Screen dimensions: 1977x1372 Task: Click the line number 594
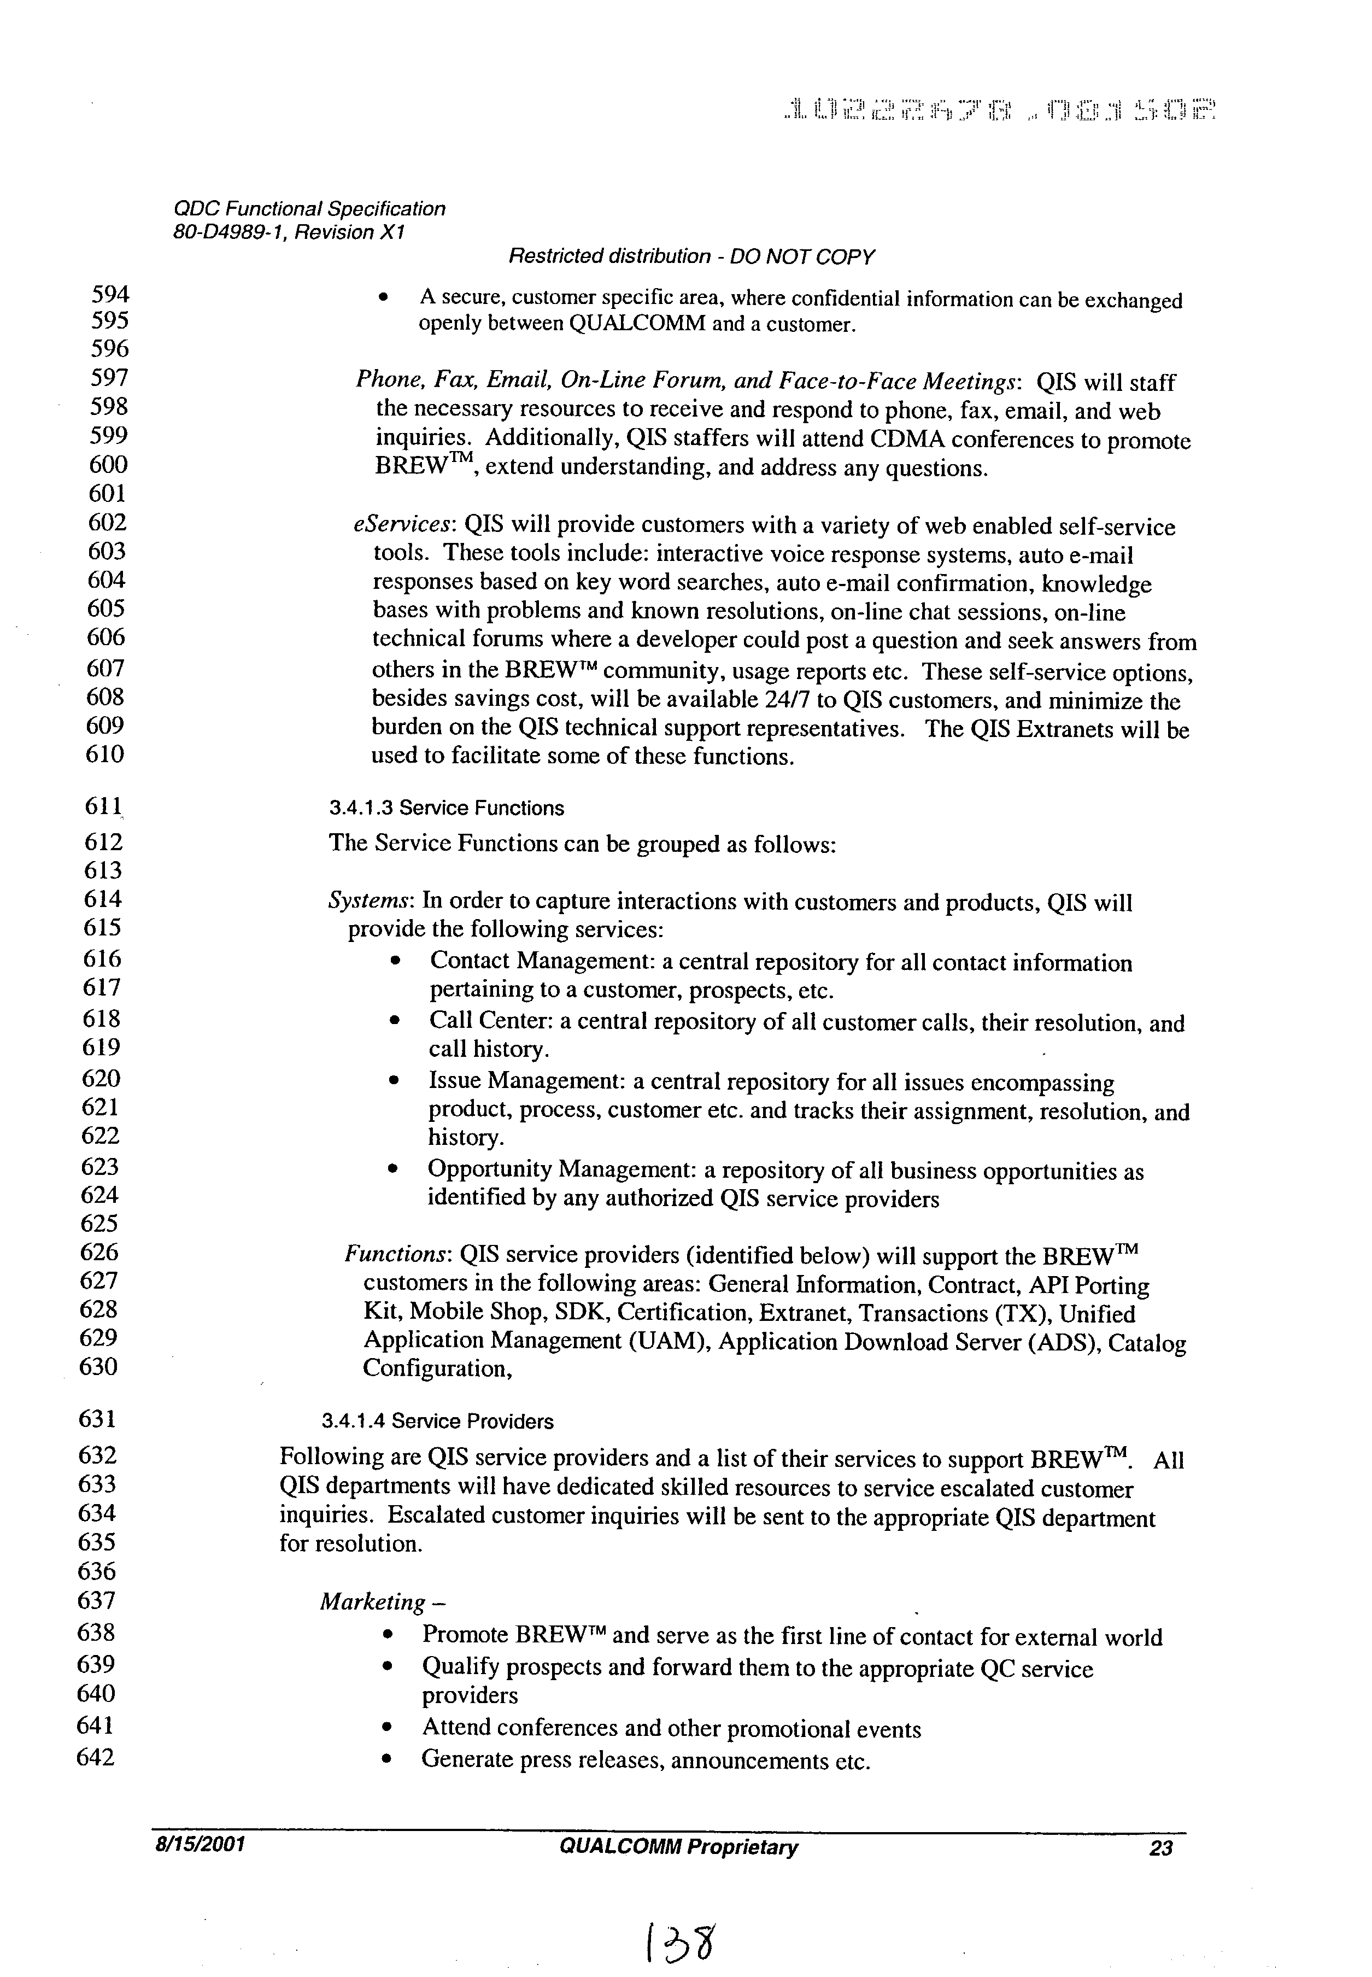pos(109,295)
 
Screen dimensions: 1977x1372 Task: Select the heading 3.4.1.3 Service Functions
pos(446,808)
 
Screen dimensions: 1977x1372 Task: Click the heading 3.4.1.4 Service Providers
pos(437,1422)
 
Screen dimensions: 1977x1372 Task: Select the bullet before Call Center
pos(394,1022)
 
